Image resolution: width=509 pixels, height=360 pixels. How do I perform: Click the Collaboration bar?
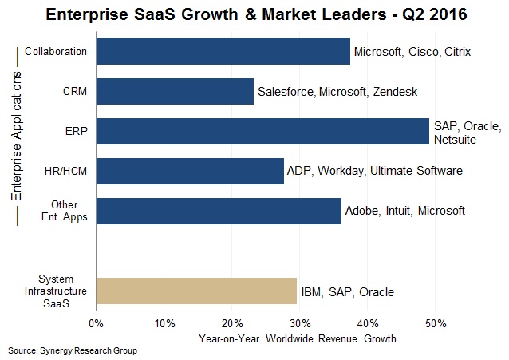click(223, 51)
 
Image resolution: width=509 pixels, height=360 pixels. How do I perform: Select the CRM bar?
click(175, 91)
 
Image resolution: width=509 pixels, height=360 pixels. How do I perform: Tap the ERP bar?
click(262, 131)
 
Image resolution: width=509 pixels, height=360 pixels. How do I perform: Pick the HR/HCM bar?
click(190, 171)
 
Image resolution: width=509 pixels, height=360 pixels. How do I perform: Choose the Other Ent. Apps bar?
click(219, 211)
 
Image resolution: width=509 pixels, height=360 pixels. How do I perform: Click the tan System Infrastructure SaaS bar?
click(196, 291)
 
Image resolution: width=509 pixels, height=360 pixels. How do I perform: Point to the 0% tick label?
click(97, 323)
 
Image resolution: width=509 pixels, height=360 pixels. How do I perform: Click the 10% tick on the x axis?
click(164, 323)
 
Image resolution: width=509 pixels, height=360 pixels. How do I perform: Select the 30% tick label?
click(300, 323)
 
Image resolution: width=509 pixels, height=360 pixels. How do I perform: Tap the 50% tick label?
click(436, 323)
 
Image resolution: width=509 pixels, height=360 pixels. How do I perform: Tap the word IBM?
click(311, 292)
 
